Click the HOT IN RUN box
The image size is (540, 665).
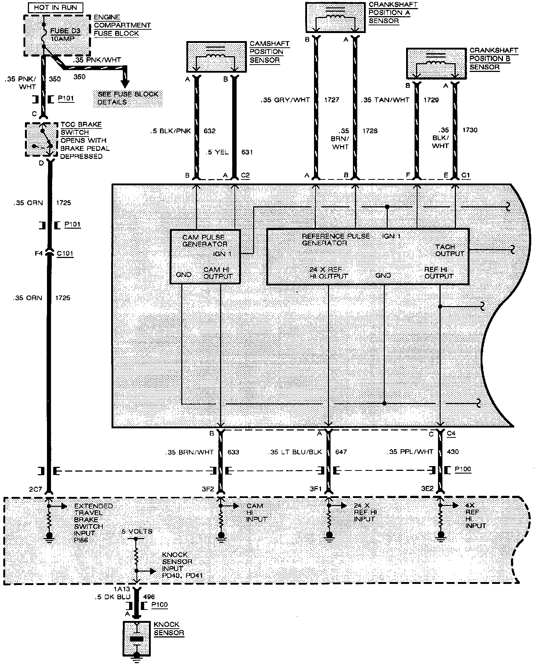click(56, 7)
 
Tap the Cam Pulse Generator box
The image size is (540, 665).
click(205, 257)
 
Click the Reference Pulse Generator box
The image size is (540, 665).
click(368, 257)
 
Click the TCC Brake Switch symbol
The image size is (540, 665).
click(41, 139)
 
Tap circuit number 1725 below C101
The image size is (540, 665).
click(62, 298)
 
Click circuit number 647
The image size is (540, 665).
click(341, 452)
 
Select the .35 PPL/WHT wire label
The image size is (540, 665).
click(410, 452)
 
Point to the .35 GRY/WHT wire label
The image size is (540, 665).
click(285, 99)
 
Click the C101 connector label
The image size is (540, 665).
click(65, 253)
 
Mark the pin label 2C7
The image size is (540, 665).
click(36, 489)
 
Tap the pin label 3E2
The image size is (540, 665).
click(427, 489)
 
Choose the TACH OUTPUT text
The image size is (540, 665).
click(449, 250)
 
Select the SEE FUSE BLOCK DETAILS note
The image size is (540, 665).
click(128, 98)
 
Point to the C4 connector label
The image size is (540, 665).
click(451, 433)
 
